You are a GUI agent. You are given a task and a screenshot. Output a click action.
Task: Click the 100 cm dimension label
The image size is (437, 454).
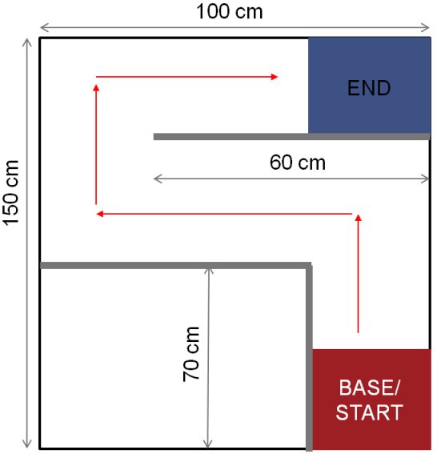pos(230,12)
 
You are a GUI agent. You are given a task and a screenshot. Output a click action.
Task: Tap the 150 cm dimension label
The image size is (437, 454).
pos(11,193)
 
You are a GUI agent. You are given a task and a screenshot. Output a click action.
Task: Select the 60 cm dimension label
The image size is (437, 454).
pos(298,163)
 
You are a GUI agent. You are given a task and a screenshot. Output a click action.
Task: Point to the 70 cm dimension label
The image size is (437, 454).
pos(191,354)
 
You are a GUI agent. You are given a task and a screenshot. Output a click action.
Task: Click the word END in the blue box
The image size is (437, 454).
pos(369,88)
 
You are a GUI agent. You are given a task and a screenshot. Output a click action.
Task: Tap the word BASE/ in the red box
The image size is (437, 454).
pos(369,388)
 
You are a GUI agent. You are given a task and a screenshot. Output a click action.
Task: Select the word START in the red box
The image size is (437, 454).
pos(369,412)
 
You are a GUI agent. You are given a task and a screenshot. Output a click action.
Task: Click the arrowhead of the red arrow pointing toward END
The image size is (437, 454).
pos(275,77)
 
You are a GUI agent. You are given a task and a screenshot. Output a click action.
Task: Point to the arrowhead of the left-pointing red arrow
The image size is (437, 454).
pos(99,214)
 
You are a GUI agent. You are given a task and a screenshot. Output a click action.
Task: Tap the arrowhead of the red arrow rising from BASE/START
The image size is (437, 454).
pos(359,218)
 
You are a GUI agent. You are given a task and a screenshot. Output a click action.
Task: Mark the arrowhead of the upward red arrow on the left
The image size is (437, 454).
pos(96,87)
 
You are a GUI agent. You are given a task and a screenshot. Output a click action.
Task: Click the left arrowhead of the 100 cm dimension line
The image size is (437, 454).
pos(43,28)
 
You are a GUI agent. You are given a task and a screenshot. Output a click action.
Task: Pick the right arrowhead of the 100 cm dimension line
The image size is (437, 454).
pos(426,28)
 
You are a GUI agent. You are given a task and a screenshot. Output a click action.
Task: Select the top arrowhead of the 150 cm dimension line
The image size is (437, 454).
pos(27,42)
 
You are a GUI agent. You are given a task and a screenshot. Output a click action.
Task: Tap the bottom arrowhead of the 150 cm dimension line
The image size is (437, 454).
pos(27,444)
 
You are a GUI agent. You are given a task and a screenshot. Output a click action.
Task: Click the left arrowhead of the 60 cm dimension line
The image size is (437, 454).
pos(158,179)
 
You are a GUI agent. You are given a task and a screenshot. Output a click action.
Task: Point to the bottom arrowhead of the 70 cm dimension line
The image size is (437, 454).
pos(208,444)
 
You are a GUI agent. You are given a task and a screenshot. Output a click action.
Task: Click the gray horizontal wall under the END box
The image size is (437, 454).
pos(291,137)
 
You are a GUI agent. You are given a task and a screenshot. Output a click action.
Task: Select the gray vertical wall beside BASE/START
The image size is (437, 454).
pos(310,359)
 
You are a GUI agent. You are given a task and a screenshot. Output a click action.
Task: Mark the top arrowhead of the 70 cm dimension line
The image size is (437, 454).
pos(209,271)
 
